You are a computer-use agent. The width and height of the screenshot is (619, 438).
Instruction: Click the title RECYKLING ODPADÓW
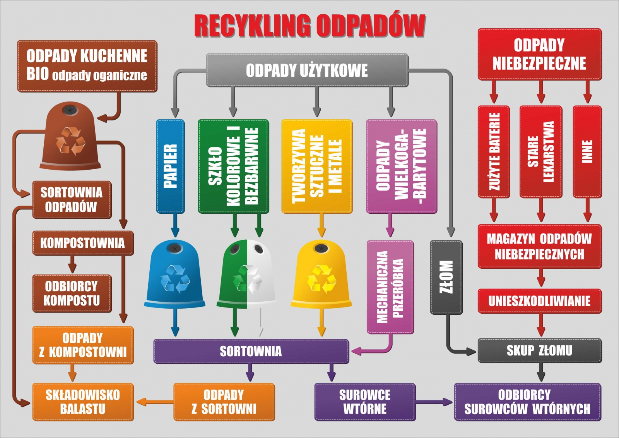[x=309, y=26]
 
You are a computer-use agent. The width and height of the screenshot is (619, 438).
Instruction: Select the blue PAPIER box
[x=170, y=166]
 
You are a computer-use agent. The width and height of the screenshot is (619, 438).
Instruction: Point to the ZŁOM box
[x=446, y=277]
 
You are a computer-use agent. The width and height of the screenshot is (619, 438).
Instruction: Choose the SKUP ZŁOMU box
[x=539, y=350]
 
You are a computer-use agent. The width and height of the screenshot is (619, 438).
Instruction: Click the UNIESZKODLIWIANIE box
[x=539, y=301]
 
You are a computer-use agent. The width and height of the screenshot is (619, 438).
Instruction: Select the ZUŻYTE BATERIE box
[x=494, y=151]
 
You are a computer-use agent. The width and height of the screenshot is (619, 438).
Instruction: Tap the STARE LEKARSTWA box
[x=540, y=151]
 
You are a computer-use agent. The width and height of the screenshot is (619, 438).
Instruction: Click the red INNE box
[x=587, y=151]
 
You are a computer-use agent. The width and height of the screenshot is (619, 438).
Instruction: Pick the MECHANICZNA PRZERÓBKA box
[x=390, y=287]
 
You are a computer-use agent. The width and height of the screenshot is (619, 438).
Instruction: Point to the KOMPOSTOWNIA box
[x=83, y=243]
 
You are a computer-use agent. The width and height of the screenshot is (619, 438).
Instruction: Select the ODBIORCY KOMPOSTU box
[x=72, y=293]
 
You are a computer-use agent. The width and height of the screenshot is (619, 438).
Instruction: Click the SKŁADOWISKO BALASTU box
[x=83, y=402]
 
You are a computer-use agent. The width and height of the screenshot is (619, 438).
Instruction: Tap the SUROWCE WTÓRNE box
[x=365, y=402]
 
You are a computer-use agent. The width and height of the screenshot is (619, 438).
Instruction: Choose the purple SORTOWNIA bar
[x=251, y=351]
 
